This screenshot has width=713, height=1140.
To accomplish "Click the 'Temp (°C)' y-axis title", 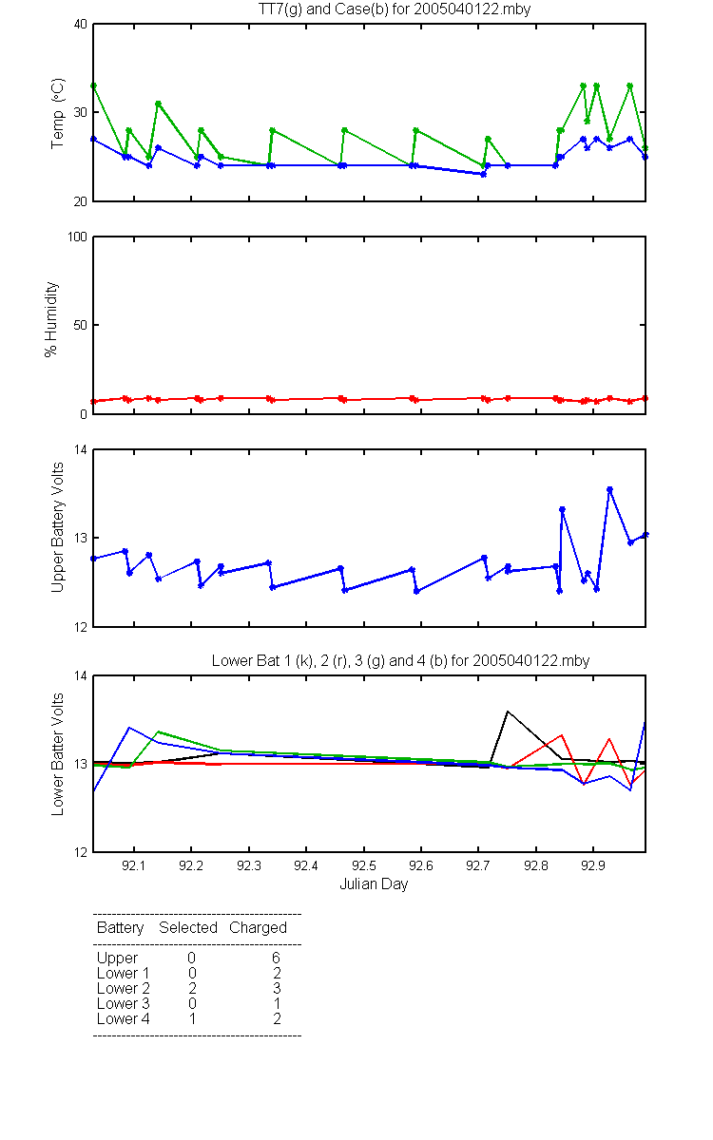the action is coord(58,113).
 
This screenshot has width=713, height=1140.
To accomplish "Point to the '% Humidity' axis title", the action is coord(51,319).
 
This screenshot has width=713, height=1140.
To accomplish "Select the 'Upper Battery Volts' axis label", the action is coord(58,527).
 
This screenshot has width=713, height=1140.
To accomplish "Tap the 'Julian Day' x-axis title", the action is coord(374,884).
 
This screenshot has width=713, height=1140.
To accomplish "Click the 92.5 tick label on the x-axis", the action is coord(363,865).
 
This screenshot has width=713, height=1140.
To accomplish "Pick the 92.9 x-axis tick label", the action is coord(593,865).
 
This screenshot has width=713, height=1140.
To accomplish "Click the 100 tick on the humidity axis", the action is coord(77,237).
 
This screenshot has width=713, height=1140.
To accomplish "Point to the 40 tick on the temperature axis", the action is coord(81,24).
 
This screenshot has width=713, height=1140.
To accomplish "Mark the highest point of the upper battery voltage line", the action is coord(609,489).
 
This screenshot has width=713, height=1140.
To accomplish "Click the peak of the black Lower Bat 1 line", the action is coord(508,711).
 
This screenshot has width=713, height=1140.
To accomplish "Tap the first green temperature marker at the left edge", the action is coord(94,86).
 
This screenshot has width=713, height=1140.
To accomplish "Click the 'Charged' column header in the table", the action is coord(258,928).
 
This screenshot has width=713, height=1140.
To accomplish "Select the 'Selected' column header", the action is coord(188,928).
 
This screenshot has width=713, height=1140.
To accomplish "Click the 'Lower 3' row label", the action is coord(124,1003).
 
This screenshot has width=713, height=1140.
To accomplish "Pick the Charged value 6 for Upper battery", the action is coord(276,958).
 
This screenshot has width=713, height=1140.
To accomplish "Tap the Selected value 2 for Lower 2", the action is coord(192,988).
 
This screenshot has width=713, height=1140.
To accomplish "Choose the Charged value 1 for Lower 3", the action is coord(277,1003).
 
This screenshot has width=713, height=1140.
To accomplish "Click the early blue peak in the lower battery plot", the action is coord(129,728).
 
